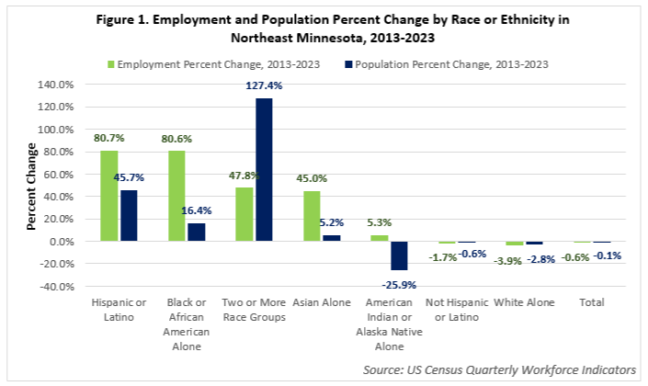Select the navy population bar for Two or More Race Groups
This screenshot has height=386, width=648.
264,170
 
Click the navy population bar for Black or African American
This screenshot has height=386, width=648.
196,232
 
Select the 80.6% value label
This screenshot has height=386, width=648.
178,140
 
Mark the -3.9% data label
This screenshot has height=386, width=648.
509,261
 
